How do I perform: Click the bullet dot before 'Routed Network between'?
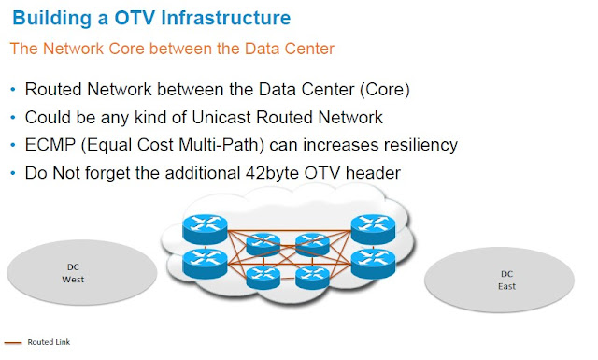(12, 92)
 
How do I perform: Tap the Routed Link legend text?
(49, 342)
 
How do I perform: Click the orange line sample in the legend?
(12, 342)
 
